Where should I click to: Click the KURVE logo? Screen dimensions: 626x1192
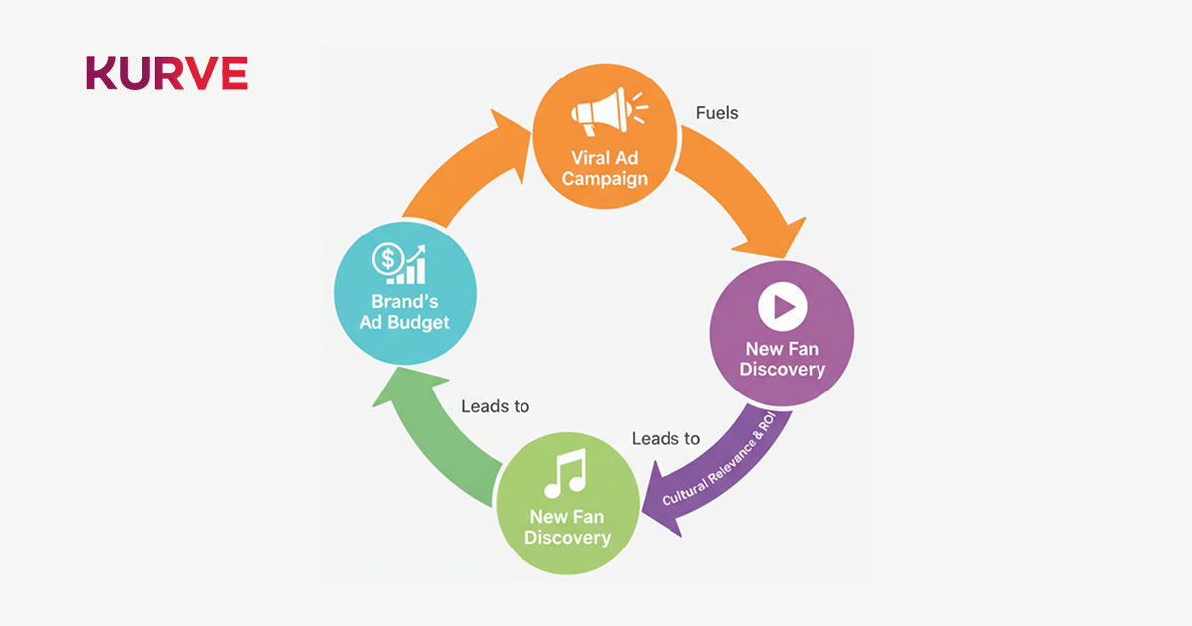167,74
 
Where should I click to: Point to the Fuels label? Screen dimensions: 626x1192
717,113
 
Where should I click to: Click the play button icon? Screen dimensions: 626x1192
782,307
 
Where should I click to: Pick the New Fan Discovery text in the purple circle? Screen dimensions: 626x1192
784,359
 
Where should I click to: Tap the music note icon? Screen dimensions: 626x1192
567,474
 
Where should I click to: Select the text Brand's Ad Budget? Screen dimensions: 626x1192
404,312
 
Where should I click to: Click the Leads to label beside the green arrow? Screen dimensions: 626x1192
495,406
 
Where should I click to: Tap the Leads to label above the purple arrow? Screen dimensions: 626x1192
666,438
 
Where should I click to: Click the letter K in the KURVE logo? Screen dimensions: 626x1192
100,74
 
